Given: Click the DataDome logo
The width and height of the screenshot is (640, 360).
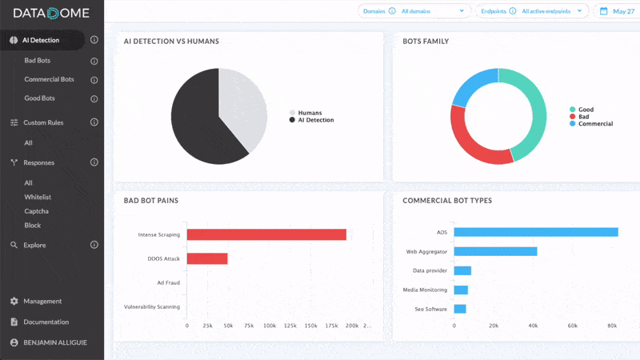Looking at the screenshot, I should [51, 14].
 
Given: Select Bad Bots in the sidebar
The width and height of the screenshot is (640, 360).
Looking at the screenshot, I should [39, 61].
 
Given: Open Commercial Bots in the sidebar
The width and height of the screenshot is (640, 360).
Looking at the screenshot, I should [49, 80].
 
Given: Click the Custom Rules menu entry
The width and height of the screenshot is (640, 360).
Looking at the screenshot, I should [43, 122].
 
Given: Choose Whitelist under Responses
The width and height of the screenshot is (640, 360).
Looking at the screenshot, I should [38, 197].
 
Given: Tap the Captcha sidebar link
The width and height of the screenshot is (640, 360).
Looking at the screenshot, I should [36, 211].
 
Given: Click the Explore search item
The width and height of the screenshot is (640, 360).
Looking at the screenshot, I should [34, 245].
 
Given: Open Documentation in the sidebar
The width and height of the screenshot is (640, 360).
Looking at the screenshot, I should [46, 322].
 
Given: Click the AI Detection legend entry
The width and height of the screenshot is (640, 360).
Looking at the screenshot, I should [315, 120].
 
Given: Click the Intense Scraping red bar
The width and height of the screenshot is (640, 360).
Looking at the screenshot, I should [266, 234].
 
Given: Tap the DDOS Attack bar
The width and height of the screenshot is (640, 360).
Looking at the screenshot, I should [207, 259].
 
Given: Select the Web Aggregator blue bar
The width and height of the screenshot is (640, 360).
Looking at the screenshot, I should [495, 251].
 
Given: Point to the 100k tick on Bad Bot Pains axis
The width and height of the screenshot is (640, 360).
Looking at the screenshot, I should [270, 326].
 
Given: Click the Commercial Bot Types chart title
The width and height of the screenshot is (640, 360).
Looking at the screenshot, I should [446, 201].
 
